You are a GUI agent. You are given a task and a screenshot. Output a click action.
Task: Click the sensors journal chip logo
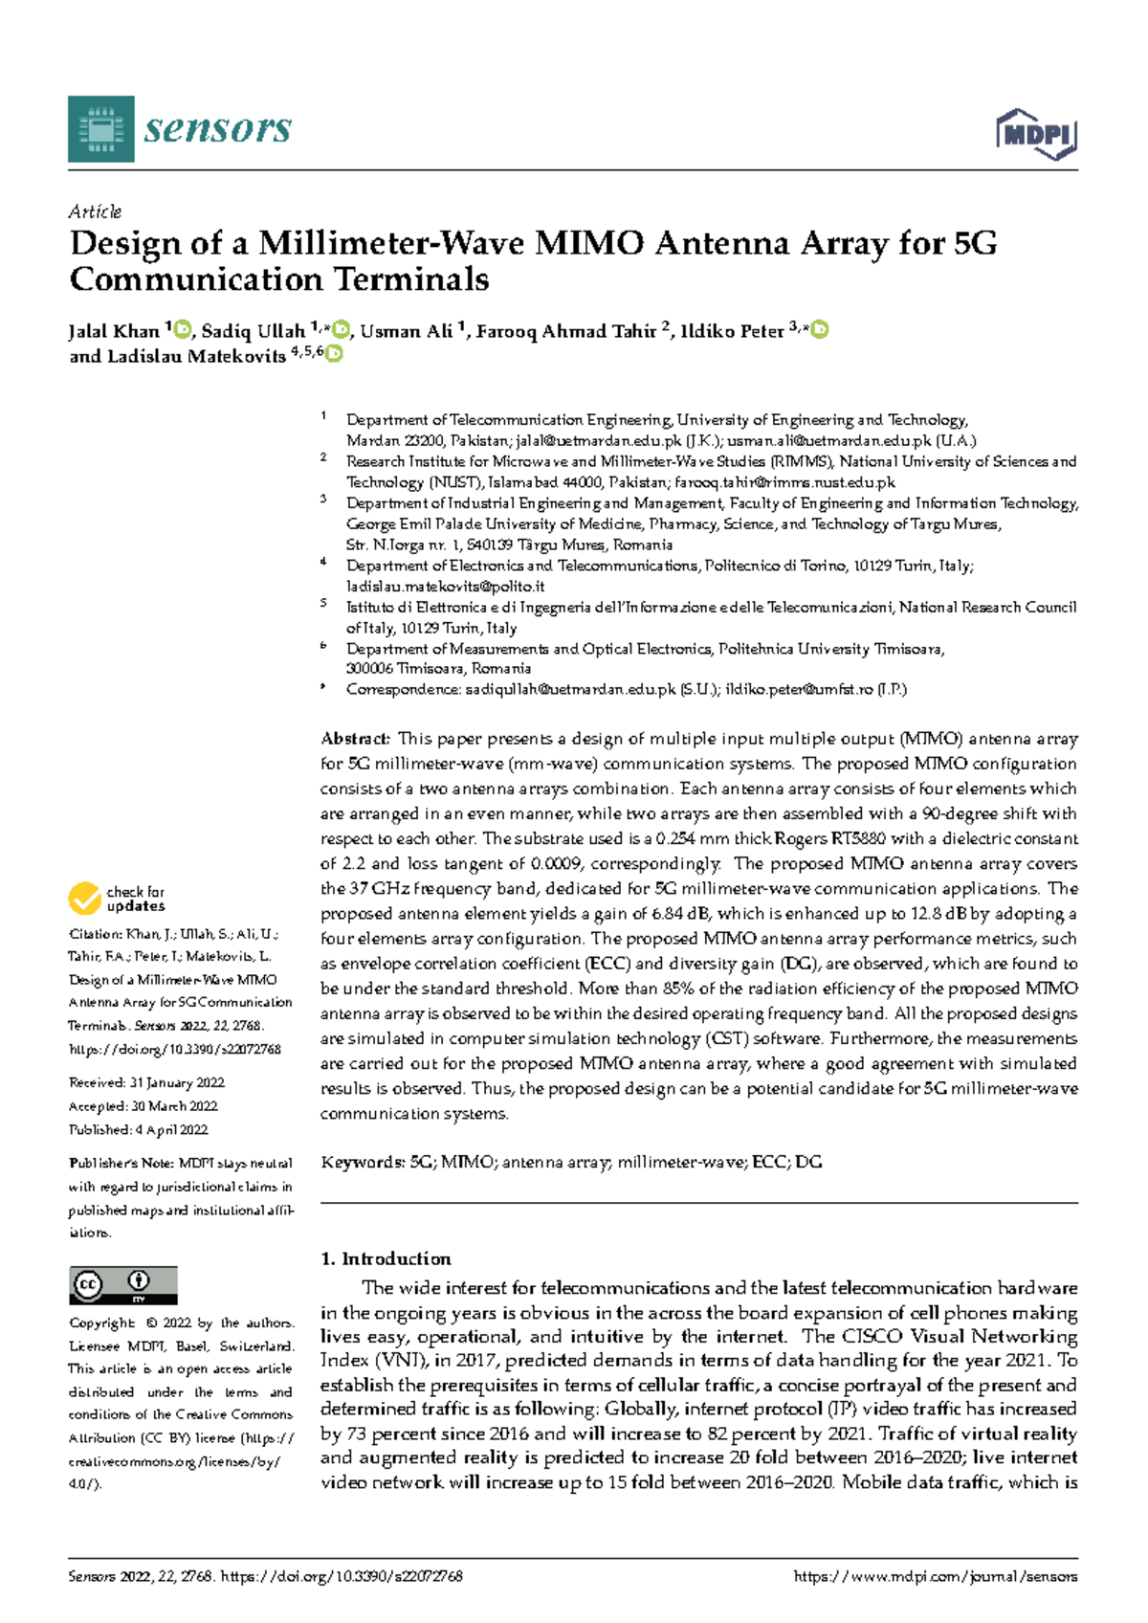click(x=101, y=129)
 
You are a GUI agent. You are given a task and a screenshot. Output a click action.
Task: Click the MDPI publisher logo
click(x=1037, y=134)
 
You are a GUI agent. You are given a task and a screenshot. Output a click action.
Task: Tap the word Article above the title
click(x=95, y=211)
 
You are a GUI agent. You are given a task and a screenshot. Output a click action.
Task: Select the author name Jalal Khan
click(x=114, y=332)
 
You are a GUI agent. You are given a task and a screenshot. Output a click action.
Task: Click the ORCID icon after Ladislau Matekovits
click(x=334, y=355)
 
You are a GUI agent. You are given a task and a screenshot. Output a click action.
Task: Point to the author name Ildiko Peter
click(x=732, y=332)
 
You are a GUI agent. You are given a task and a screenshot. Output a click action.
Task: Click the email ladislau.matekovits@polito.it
click(x=445, y=587)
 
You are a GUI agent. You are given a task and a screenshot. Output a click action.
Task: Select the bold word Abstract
click(x=355, y=739)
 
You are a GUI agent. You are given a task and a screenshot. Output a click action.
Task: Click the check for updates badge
click(x=117, y=899)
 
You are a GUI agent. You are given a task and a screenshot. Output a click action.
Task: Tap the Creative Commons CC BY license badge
click(x=123, y=1285)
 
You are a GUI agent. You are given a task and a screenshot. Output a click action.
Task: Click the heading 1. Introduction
click(x=386, y=1259)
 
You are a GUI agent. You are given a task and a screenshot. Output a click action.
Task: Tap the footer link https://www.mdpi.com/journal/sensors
click(x=936, y=1577)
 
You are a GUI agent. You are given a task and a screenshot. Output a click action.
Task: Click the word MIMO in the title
click(x=588, y=244)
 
